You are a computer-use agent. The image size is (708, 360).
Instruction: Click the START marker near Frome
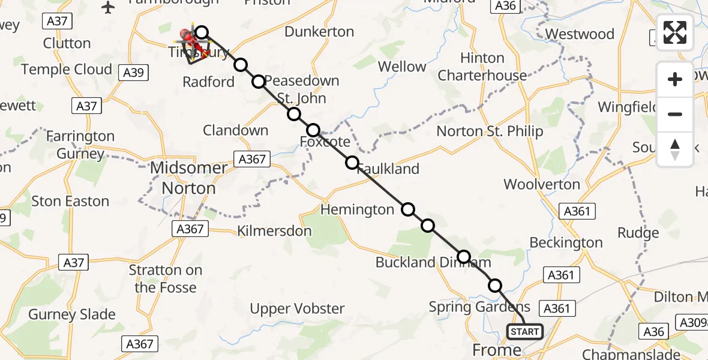tap(525, 332)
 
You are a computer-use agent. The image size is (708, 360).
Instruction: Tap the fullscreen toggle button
tap(675, 32)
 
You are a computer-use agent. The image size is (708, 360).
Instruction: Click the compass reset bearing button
tap(675, 149)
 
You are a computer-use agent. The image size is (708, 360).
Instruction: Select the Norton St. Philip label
tap(490, 131)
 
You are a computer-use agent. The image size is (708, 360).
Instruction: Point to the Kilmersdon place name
tap(274, 231)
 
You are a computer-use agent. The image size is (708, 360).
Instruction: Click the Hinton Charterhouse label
tap(482, 67)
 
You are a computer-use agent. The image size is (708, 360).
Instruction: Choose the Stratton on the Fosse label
tap(166, 279)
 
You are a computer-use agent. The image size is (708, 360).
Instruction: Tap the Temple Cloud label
tap(67, 70)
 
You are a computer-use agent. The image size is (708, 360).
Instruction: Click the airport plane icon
tap(108, 7)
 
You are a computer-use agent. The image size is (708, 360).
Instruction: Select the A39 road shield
tap(133, 73)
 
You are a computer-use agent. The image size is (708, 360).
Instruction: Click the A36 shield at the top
tap(503, 5)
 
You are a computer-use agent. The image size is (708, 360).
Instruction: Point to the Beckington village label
tap(566, 243)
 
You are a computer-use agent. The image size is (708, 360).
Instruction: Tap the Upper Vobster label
tap(297, 309)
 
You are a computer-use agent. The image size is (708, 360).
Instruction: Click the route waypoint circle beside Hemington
tap(408, 209)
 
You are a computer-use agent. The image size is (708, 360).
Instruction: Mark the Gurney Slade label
tap(71, 314)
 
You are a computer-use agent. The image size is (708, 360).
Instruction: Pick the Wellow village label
tap(402, 67)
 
